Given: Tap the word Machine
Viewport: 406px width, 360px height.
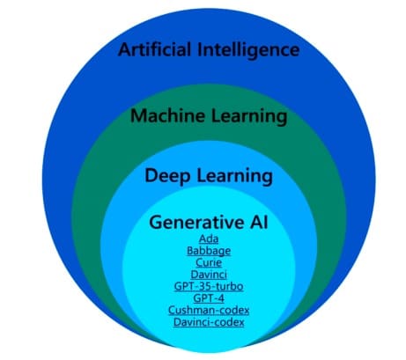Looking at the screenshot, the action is pos(168,115).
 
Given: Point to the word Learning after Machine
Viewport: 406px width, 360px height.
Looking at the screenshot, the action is pos(249,117).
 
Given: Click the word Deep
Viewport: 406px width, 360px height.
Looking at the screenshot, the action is pos(167,177).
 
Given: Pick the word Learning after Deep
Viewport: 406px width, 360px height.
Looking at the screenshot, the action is pos(234,177).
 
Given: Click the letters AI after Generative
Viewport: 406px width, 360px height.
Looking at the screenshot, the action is pos(259,223).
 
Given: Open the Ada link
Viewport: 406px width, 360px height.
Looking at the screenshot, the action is pos(209,239).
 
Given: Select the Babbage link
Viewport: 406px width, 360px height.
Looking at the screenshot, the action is pos(209,251).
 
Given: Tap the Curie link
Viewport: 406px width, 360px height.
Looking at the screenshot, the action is pos(209,262).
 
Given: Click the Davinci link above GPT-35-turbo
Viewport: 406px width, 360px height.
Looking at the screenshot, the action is pos(209,275).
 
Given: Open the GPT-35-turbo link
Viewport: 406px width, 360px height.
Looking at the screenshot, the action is pos(209,286).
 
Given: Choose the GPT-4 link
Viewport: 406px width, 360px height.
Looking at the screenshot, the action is pos(209,298).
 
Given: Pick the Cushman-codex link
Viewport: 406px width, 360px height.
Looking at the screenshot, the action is pos(209,311).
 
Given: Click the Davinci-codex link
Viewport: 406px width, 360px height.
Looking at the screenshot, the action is pos(209,322).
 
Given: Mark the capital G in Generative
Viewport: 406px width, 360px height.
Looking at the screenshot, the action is pos(155,223).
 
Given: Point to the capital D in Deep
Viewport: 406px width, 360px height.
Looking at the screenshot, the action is pos(151,176).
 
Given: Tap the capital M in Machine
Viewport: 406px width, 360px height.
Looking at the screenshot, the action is pos(138,116).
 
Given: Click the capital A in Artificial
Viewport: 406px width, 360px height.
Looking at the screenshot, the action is pos(124,49).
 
